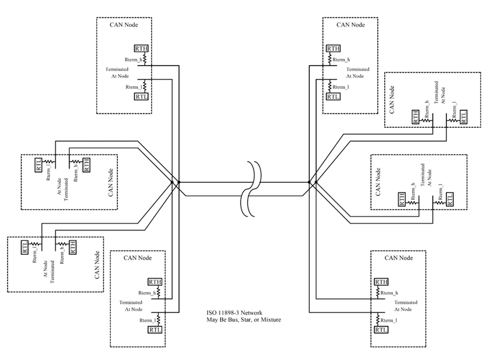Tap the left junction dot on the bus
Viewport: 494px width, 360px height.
[173, 183]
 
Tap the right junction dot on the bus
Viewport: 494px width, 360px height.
[314, 183]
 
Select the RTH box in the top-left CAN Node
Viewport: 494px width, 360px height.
[141, 48]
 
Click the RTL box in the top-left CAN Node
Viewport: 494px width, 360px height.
[141, 96]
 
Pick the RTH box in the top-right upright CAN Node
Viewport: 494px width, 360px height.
[333, 48]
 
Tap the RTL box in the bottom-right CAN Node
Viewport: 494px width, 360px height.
[381, 330]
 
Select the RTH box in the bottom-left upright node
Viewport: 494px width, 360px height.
[155, 282]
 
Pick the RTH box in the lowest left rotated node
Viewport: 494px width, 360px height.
[73, 247]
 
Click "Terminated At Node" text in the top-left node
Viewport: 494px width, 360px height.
[117, 73]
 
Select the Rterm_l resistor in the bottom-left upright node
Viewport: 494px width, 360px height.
[157, 319]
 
